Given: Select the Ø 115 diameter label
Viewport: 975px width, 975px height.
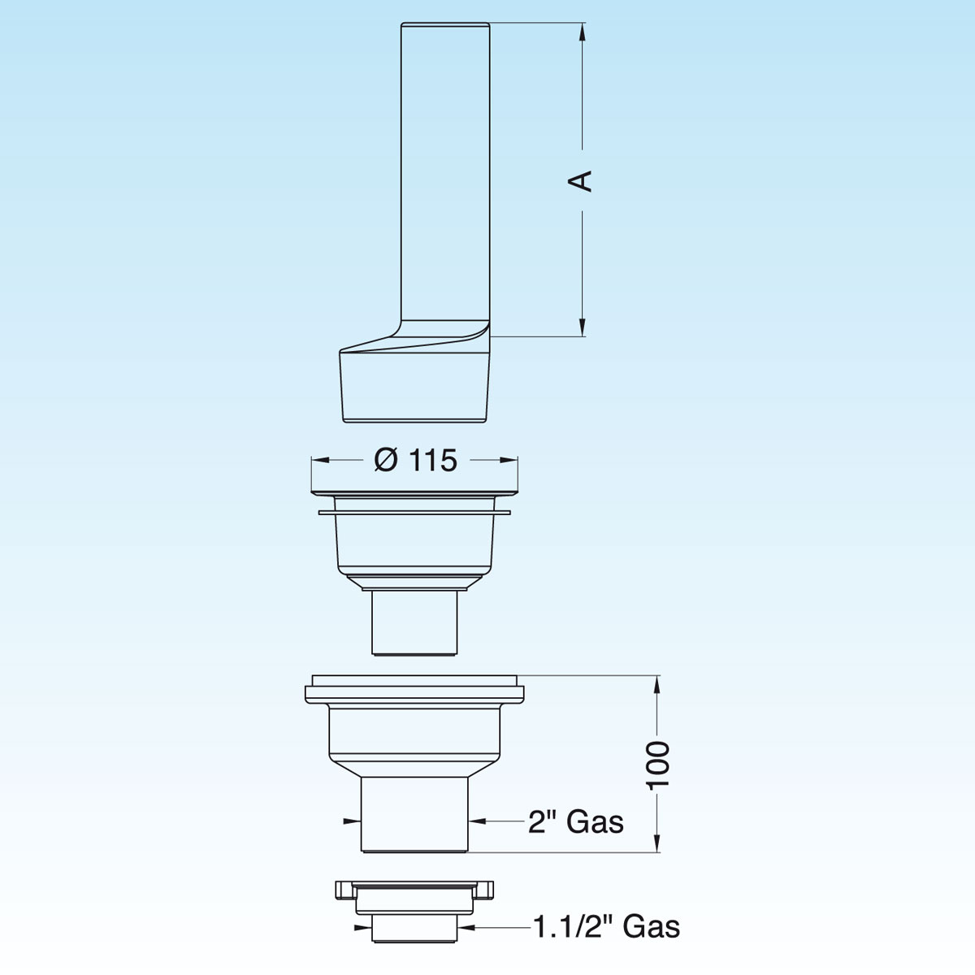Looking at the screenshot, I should click(x=415, y=461).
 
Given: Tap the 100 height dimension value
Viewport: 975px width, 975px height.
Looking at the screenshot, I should click(x=658, y=763).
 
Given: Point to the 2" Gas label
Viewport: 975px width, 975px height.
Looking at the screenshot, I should click(x=575, y=822).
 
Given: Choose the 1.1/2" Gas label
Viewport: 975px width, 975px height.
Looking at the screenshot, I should click(x=606, y=926).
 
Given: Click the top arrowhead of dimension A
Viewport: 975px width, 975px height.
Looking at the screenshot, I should click(x=582, y=31).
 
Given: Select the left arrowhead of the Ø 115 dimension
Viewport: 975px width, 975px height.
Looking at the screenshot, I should click(x=318, y=461).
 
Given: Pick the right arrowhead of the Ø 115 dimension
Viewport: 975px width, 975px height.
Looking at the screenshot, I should click(x=511, y=461).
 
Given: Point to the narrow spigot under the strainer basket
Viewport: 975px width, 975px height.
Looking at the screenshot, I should click(x=414, y=622).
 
